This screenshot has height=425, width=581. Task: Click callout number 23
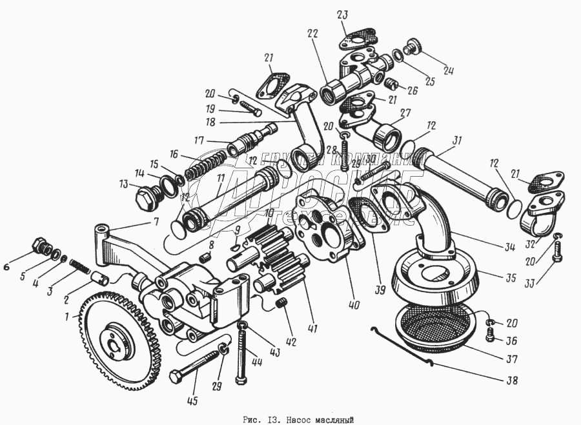(341, 16)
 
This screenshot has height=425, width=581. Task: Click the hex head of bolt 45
(176, 375)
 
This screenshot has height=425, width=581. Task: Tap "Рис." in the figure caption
(251, 420)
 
